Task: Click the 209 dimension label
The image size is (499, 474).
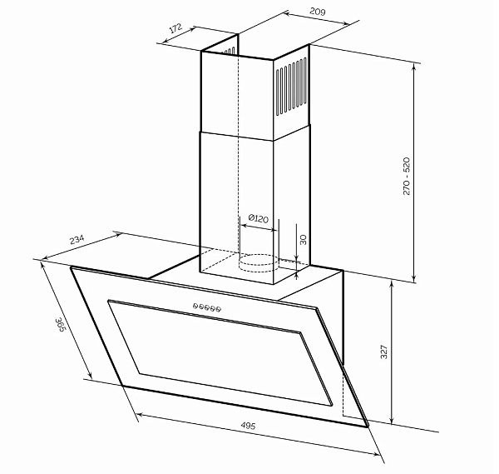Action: coord(318,12)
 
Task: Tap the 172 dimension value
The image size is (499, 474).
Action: coord(175,28)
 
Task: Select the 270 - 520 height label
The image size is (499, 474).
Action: coord(407,176)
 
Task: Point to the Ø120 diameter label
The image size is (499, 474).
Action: coord(258,218)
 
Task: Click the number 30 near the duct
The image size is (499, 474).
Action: coord(303,239)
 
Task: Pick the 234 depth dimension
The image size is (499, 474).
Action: coord(77,239)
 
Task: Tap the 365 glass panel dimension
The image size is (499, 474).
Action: coord(60,325)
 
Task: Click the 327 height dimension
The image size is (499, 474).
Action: coord(384,352)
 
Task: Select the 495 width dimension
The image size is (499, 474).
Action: coord(248,425)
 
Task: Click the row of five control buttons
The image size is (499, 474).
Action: coord(207,307)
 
